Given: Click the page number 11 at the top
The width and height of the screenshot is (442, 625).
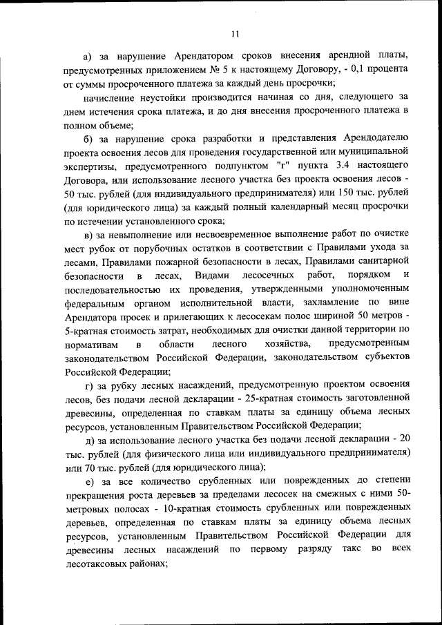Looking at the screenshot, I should coord(236,33).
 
